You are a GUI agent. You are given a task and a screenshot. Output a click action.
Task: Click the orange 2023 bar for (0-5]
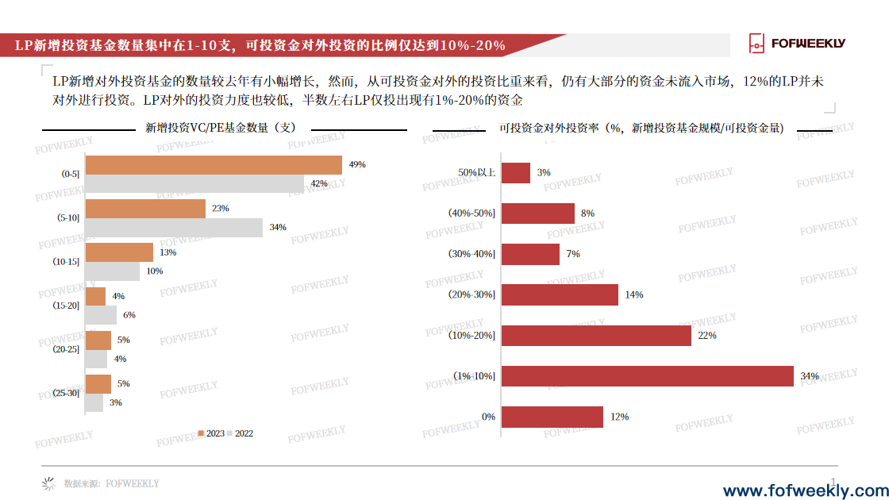(214, 164)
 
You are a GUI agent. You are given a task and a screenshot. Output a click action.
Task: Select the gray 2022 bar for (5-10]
(174, 228)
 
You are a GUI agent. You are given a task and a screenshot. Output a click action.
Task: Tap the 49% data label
(357, 164)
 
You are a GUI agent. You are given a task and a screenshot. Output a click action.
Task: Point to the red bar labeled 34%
(647, 376)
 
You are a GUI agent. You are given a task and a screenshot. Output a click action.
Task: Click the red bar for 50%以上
(516, 173)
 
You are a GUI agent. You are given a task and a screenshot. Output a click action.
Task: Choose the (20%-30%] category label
(472, 294)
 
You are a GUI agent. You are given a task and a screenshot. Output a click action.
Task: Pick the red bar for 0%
(552, 417)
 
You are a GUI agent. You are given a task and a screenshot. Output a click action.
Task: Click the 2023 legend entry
(211, 433)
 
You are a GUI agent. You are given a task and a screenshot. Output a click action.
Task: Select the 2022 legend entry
(240, 433)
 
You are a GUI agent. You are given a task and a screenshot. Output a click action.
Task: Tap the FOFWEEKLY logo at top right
(797, 44)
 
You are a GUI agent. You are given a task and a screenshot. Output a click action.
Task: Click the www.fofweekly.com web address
(805, 490)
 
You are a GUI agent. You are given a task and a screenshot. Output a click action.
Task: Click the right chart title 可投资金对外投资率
(641, 128)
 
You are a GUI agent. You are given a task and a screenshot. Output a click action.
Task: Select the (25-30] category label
(67, 393)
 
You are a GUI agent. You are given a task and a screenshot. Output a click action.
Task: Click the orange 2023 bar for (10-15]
(119, 252)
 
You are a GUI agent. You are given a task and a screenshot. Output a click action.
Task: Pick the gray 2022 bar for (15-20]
(101, 315)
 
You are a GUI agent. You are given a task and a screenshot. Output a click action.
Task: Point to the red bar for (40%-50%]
(538, 213)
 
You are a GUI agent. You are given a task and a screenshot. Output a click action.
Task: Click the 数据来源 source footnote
(111, 483)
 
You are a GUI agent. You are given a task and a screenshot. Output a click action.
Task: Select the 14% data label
(634, 294)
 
